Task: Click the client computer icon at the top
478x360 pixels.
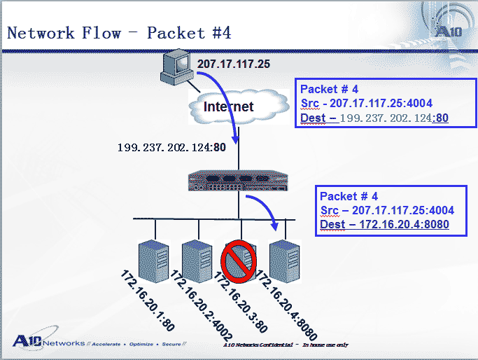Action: click(177, 67)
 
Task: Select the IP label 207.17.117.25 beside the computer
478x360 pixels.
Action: click(234, 64)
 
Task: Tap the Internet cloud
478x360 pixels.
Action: click(239, 106)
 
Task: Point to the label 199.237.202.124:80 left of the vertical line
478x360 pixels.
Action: click(171, 147)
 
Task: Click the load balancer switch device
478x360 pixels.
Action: click(238, 181)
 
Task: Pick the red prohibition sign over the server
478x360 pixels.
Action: click(239, 261)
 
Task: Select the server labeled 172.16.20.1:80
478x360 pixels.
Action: click(154, 261)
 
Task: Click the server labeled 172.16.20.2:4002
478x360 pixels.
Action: click(197, 261)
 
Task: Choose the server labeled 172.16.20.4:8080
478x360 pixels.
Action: click(285, 261)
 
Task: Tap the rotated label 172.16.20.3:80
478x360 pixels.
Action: click(240, 302)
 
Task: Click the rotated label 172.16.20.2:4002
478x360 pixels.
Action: click(201, 305)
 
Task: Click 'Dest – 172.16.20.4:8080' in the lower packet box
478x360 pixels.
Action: click(384, 225)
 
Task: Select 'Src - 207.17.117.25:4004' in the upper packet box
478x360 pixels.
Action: click(367, 103)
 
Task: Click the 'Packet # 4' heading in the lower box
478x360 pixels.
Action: click(349, 196)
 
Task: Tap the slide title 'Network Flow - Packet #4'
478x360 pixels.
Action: click(119, 33)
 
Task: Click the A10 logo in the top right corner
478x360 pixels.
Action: click(449, 32)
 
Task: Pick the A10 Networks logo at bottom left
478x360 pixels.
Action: click(49, 341)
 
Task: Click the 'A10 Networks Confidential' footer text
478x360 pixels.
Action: click(258, 345)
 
